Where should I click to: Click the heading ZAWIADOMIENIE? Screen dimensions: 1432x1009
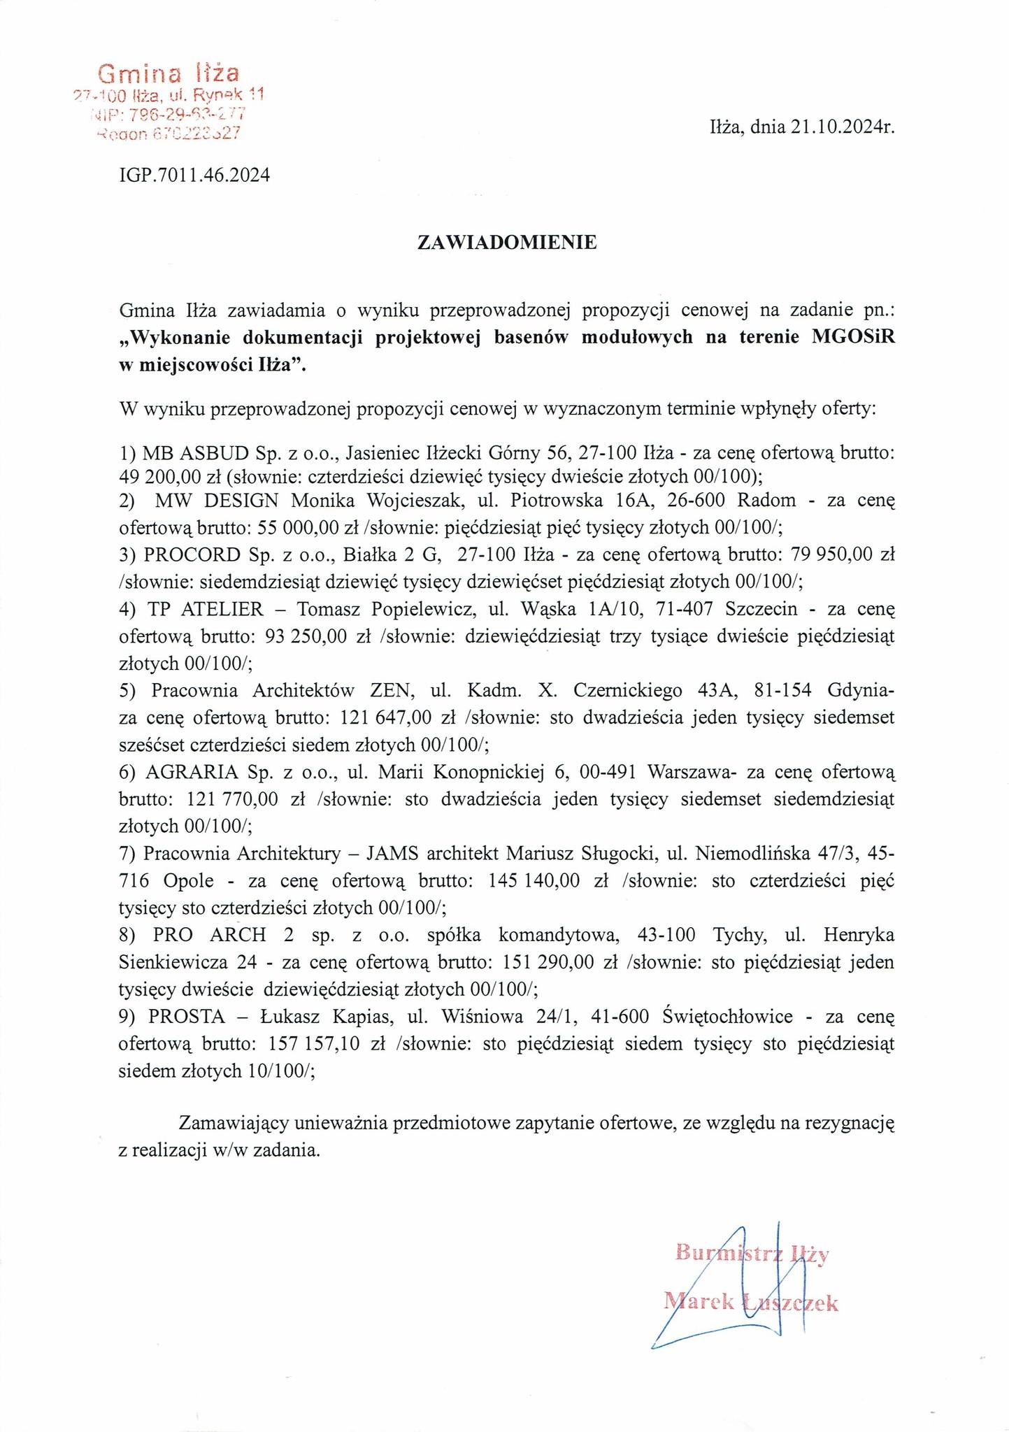pyautogui.click(x=507, y=243)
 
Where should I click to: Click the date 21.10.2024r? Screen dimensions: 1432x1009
pyautogui.click(x=843, y=127)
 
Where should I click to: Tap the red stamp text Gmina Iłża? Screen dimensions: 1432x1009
pyautogui.click(x=169, y=73)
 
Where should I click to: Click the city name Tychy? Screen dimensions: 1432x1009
pyautogui.click(x=738, y=935)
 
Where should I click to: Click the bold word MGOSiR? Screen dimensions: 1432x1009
pyautogui.click(x=852, y=336)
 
